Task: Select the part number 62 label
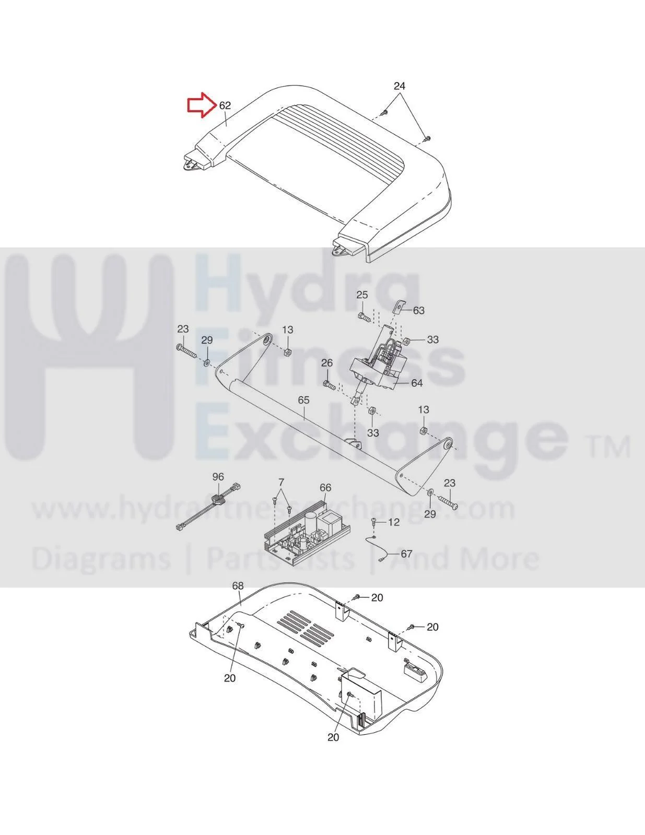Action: point(225,105)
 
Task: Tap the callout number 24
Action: point(399,86)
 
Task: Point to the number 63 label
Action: point(418,311)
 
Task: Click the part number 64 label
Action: point(416,383)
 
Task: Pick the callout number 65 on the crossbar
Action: point(303,400)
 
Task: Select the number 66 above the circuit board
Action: point(325,488)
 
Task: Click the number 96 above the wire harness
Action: point(218,477)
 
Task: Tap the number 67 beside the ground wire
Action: point(406,554)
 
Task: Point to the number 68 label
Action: point(238,586)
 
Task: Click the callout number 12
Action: point(394,522)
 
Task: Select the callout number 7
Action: point(281,482)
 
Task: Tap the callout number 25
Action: point(362,295)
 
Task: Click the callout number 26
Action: point(327,363)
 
